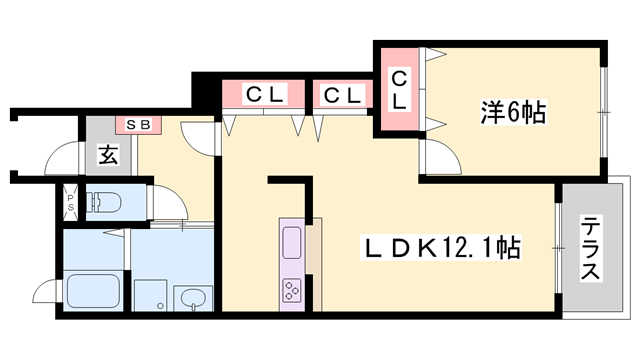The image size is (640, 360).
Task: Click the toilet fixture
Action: coord(104,204)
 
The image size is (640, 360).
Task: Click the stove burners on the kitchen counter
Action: coord(293,291)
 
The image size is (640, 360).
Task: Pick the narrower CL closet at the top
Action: coord(341,96)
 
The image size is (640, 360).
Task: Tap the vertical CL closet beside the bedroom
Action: coord(398,90)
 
